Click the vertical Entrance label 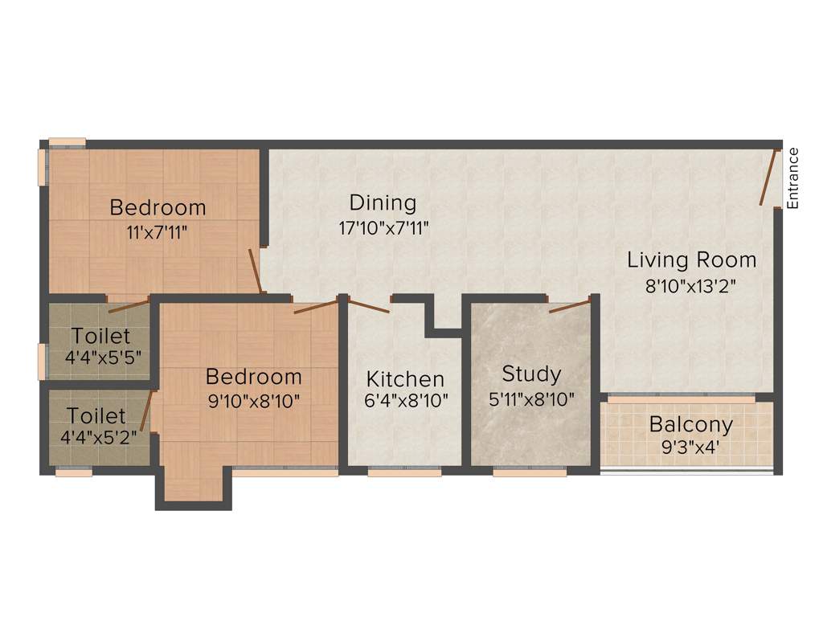(793, 178)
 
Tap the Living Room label (691, 260)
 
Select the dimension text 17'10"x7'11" (383, 227)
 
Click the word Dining (383, 202)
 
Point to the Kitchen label (405, 379)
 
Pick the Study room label (531, 374)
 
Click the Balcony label (691, 424)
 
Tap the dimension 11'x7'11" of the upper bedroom (158, 232)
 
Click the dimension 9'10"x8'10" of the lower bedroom (254, 401)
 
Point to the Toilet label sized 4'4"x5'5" (99, 335)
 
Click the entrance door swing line (769, 178)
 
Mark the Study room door (570, 305)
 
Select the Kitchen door (370, 305)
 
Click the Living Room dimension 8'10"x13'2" (691, 285)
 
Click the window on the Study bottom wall (530, 472)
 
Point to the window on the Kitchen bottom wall (404, 472)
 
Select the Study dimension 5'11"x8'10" (531, 399)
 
